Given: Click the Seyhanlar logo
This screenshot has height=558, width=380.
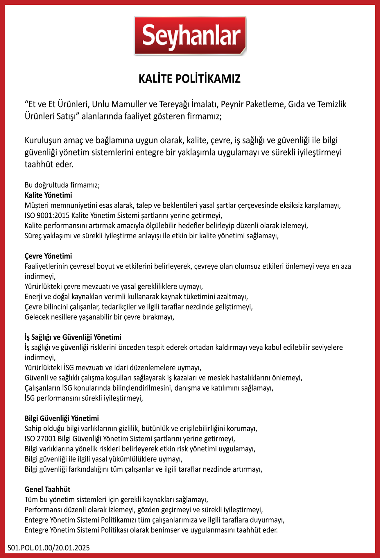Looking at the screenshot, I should [190, 36].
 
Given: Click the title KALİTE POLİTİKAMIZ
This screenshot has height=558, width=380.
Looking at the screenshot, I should [190, 79].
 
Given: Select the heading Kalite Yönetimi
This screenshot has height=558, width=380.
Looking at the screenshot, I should [48, 195].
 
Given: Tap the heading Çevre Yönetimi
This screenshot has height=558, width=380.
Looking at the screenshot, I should [48, 256].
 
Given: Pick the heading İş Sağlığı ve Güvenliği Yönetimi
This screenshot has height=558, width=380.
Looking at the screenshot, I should [73, 337].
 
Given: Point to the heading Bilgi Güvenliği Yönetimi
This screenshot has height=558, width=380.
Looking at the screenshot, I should [62, 418].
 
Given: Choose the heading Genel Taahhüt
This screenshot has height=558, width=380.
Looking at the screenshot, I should [48, 489].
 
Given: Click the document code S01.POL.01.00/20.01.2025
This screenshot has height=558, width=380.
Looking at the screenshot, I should [49, 548].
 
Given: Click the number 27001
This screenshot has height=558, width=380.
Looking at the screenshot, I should [46, 439].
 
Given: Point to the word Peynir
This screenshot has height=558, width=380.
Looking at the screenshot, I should [233, 104].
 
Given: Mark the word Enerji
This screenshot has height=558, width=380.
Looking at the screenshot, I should [33, 297].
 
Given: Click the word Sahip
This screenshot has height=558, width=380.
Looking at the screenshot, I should [33, 428].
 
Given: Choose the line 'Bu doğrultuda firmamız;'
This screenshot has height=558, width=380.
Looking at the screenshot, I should [62, 185].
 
